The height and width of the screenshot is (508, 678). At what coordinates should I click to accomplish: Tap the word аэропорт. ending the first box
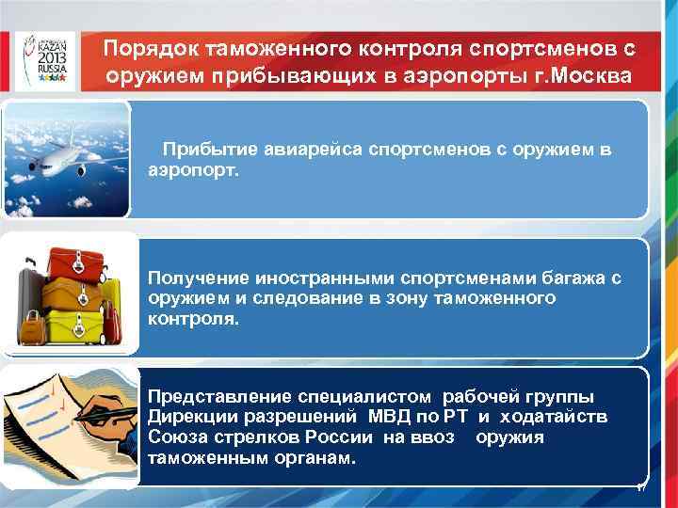194,171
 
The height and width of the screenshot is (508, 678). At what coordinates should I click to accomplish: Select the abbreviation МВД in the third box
376,417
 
